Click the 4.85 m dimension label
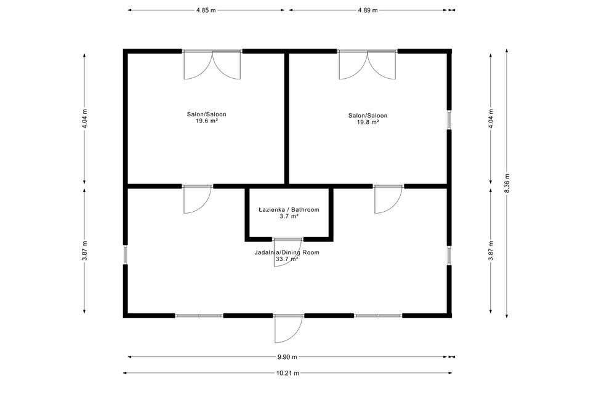[206, 10]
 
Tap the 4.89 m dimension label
[368, 10]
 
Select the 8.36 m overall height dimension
[507, 183]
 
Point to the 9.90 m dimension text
[287, 356]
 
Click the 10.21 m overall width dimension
[287, 373]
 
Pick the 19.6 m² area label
[207, 121]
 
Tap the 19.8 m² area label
[368, 122]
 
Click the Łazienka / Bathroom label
[289, 209]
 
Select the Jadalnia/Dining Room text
[287, 252]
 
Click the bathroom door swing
[287, 252]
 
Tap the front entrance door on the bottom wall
[289, 329]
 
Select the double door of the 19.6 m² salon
[212, 65]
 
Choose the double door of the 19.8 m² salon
[368, 65]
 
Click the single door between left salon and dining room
[198, 199]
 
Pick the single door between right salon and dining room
[388, 199]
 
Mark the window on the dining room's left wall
[126, 254]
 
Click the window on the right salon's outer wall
[449, 119]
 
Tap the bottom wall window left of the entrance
[199, 315]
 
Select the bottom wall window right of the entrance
[379, 315]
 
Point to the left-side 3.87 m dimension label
[85, 251]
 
